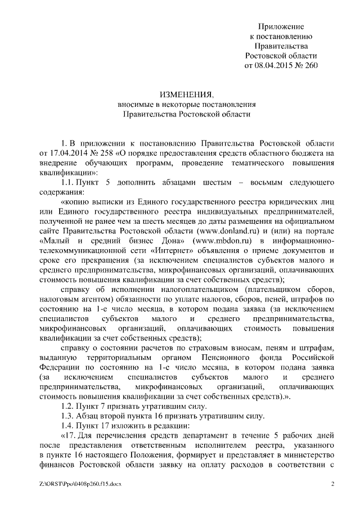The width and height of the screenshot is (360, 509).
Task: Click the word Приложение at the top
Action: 281,26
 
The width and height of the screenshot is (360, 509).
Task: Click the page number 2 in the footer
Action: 332,484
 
